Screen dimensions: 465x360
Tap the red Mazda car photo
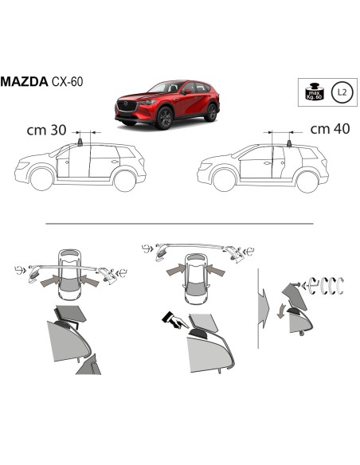(x=166, y=104)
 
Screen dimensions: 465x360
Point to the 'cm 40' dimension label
(x=325, y=128)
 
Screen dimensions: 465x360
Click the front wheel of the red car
(x=165, y=119)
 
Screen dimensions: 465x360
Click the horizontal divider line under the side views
(x=180, y=224)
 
